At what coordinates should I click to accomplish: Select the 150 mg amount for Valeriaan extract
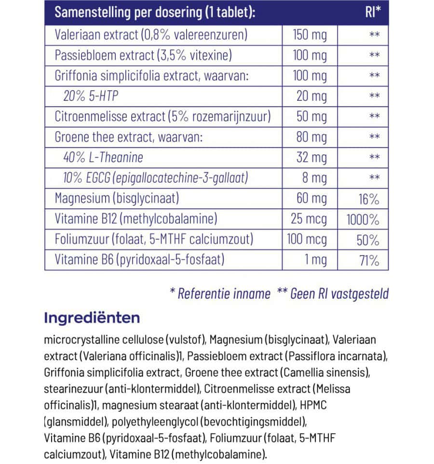pyautogui.click(x=310, y=35)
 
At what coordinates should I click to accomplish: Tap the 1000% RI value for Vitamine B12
pyautogui.click(x=363, y=219)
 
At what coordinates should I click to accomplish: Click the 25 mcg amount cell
pyautogui.click(x=309, y=219)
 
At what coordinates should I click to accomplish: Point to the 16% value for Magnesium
pyautogui.click(x=368, y=199)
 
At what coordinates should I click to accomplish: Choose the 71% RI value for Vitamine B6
pyautogui.click(x=369, y=260)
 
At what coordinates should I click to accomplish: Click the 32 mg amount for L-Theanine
pyautogui.click(x=312, y=158)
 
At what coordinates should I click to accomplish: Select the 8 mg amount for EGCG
pyautogui.click(x=314, y=178)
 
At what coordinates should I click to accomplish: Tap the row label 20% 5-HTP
pyautogui.click(x=91, y=96)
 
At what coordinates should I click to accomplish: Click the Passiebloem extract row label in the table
pyautogui.click(x=143, y=55)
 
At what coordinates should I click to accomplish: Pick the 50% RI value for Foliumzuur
pyautogui.click(x=368, y=240)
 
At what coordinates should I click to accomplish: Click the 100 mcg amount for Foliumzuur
pyautogui.click(x=309, y=240)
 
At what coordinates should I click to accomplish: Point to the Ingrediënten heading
pyautogui.click(x=92, y=318)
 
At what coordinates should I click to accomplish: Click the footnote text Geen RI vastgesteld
pyautogui.click(x=339, y=293)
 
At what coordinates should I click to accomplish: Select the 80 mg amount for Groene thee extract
pyautogui.click(x=311, y=137)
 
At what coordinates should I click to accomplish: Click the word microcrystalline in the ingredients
pyautogui.click(x=78, y=340)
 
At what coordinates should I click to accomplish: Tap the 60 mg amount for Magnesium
pyautogui.click(x=311, y=199)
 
